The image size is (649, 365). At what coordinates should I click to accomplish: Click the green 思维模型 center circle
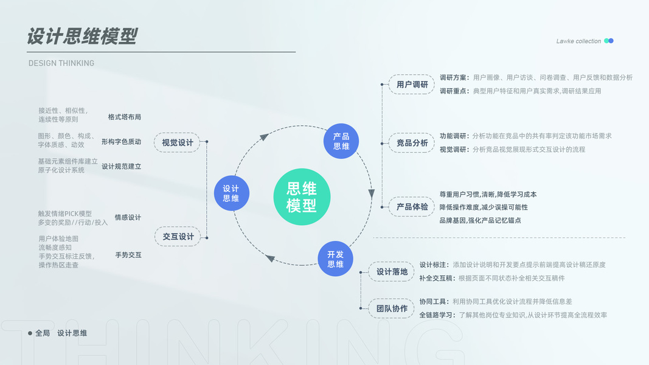tap(302, 196)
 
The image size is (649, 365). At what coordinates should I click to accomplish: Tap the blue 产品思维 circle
tap(341, 141)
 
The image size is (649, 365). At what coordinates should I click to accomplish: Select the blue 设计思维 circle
tap(231, 193)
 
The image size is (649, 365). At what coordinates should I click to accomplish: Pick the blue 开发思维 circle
tap(335, 259)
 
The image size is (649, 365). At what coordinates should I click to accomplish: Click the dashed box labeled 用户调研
tap(412, 85)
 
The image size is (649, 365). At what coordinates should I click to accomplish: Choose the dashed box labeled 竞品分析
tap(412, 143)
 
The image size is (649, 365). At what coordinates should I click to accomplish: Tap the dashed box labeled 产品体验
tap(412, 207)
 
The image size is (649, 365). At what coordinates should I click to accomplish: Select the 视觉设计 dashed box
tap(177, 143)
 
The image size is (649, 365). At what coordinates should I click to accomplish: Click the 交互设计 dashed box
tap(178, 237)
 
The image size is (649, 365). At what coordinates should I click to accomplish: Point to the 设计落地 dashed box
tap(392, 272)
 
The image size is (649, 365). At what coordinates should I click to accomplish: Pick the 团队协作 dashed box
tap(392, 308)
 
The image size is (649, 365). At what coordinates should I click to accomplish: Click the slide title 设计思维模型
tap(82, 36)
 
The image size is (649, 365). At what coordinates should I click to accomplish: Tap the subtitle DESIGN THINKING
tap(61, 63)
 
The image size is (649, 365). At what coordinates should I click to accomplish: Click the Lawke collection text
tap(578, 41)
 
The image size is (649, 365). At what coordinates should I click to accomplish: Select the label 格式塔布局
tap(125, 117)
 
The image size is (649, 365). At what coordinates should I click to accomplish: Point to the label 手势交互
tap(128, 255)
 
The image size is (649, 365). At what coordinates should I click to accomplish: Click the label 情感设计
tap(128, 218)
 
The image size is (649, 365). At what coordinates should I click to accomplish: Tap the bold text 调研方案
tap(454, 78)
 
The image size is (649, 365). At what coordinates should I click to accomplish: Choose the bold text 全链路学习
tap(437, 315)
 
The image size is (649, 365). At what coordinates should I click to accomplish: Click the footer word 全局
tap(43, 333)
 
